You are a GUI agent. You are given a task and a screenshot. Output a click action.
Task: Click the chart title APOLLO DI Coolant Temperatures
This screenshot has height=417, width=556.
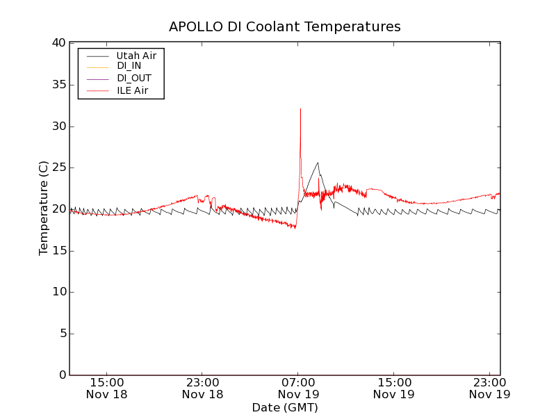click(285, 27)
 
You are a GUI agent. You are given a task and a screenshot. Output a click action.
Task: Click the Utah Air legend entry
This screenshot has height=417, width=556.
click(136, 55)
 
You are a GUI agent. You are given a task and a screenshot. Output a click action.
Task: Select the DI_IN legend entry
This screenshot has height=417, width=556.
click(129, 66)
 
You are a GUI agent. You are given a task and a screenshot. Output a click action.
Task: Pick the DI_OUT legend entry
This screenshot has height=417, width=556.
click(133, 78)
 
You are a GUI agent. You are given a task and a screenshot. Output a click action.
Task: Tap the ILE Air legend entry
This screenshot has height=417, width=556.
click(132, 90)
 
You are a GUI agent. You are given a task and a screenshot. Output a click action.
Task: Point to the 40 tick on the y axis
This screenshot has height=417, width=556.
click(57, 43)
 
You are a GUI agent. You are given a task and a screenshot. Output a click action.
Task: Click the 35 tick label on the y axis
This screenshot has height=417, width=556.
click(57, 85)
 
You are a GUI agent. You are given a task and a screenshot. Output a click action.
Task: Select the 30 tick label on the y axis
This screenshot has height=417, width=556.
click(57, 126)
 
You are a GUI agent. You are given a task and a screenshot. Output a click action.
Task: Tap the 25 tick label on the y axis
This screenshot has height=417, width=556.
click(57, 167)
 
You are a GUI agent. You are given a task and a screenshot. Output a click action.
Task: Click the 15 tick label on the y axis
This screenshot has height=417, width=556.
click(57, 251)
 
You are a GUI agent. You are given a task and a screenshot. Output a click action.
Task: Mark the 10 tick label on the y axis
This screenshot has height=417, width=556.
click(57, 292)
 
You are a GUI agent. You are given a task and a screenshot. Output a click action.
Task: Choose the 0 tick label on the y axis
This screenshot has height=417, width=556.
click(60, 375)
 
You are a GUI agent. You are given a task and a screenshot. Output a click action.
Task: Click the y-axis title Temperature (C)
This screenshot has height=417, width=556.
click(44, 208)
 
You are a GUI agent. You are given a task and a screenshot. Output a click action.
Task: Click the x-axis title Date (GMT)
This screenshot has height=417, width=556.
click(285, 407)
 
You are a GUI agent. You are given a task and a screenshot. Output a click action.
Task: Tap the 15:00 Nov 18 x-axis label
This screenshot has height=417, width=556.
click(107, 388)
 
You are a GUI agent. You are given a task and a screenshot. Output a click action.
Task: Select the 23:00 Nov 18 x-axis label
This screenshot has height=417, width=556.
click(202, 388)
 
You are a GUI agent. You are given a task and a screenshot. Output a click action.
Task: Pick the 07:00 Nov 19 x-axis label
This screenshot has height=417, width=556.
click(298, 388)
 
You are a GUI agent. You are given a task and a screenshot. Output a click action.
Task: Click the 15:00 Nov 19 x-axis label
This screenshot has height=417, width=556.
click(394, 388)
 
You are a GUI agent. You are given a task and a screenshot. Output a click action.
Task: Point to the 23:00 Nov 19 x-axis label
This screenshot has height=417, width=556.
click(489, 388)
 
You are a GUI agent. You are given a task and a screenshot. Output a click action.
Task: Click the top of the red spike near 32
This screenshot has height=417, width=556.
click(300, 109)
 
